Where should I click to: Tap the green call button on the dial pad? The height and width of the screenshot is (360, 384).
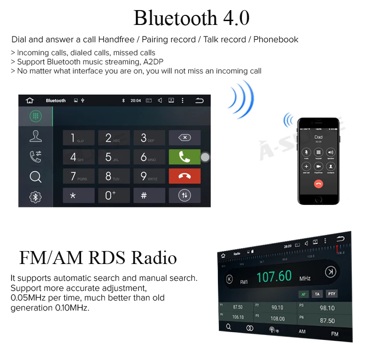[x=184, y=157]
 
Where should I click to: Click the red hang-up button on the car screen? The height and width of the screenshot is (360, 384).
[x=184, y=176]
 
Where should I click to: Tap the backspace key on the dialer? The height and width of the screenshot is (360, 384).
[x=184, y=138]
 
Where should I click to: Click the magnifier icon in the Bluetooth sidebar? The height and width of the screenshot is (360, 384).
[x=36, y=177]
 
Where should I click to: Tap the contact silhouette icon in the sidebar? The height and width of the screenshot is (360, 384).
[x=36, y=136]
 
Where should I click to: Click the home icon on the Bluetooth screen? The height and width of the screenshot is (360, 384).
[x=30, y=100]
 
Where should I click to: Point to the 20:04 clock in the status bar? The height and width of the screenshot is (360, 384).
[x=136, y=101]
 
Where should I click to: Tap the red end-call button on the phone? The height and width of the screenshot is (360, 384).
[x=318, y=183]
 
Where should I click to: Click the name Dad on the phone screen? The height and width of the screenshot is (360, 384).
[x=318, y=137]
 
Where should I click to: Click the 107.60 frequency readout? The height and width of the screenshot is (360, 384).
[x=274, y=276]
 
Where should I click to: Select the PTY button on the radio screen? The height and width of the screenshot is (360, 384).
[x=332, y=293]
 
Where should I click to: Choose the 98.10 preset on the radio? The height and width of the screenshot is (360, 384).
[x=326, y=308]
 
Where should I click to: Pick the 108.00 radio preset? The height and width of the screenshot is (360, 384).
[x=277, y=318]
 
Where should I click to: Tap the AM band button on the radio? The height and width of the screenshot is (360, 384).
[x=302, y=331]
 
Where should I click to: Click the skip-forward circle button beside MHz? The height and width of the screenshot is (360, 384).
[x=330, y=272]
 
